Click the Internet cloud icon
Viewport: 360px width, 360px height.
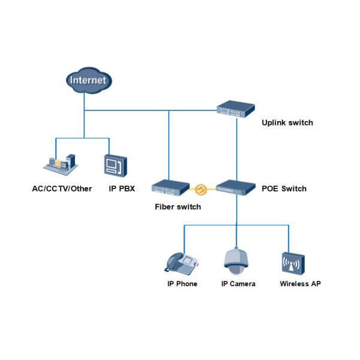point(87,81)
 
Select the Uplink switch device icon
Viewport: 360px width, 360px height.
point(236,108)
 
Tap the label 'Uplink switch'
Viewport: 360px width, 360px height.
point(287,123)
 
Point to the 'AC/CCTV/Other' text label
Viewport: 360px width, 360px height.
point(62,188)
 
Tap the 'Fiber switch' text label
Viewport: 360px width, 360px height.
point(178,207)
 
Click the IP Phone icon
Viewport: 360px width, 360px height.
point(182,262)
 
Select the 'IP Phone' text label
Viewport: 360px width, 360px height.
point(182,283)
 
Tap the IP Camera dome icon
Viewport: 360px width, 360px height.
point(236,259)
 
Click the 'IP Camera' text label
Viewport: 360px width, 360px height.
point(238,283)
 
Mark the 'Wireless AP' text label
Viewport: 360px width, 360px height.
point(300,283)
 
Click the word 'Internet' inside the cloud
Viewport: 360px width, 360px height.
point(88,80)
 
